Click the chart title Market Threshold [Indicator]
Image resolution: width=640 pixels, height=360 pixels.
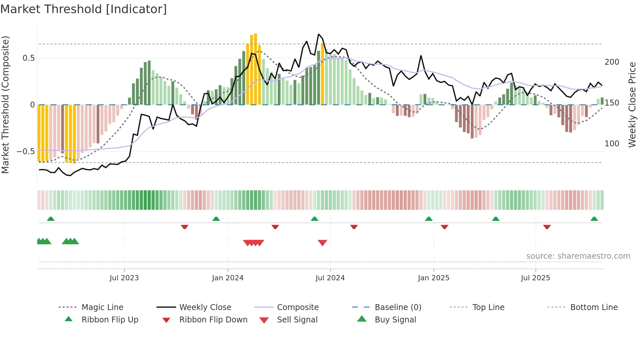pos(84,9)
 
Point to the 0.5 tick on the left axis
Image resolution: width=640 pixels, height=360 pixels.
pos(29,58)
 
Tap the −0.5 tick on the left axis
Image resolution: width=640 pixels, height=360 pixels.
pos(26,152)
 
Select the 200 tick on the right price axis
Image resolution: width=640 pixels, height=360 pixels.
pos(612,62)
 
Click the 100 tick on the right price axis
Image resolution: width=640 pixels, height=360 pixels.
pos(612,144)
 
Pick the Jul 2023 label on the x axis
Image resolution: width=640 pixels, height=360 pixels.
pos(124,278)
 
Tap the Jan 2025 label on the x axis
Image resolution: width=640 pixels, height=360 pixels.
pos(433,278)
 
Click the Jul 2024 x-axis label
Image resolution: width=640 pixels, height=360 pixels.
pos(330,278)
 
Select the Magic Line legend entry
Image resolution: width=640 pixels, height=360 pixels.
pos(102,307)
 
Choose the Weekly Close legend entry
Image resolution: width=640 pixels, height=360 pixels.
pos(205,307)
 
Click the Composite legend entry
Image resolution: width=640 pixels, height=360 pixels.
pos(297,307)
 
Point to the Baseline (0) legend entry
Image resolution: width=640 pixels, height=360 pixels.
pos(398,307)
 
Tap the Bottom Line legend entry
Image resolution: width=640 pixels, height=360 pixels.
pos(594,307)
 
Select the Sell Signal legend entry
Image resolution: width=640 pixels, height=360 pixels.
pos(297,320)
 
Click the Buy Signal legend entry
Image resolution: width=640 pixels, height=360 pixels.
pos(395,320)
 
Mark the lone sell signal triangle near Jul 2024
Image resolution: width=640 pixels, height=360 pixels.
pos(322,242)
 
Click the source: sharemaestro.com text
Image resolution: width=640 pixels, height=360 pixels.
pos(578,256)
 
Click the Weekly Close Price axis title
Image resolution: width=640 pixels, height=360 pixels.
pos(632,105)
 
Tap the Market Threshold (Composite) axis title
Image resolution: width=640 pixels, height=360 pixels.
pos(5,105)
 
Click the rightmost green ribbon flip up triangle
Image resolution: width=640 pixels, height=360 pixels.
pos(594,219)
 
